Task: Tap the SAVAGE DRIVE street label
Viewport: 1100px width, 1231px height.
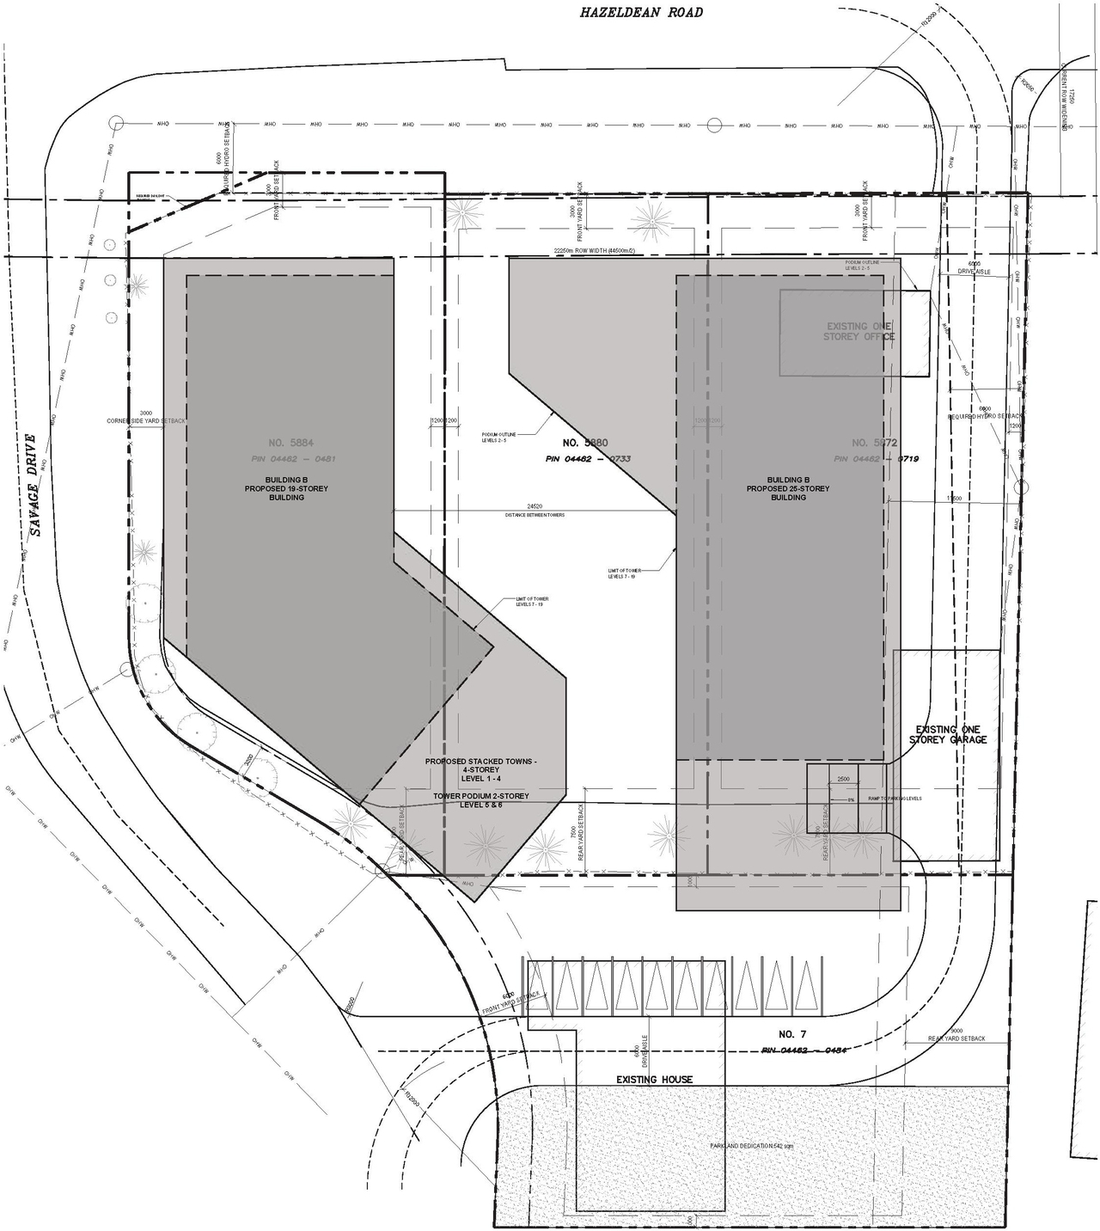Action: [34, 486]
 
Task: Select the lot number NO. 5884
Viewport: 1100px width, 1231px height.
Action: [288, 443]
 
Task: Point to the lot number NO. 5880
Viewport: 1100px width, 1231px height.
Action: [585, 443]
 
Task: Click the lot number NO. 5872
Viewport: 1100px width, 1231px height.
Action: [874, 443]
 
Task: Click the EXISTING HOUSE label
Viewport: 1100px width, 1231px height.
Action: [654, 1079]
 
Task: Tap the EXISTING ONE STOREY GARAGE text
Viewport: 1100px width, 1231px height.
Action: [948, 734]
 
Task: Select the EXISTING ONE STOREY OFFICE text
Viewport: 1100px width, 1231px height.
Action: [859, 332]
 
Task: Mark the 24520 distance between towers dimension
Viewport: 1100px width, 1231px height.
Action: [535, 511]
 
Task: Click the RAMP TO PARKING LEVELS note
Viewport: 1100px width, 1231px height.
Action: [895, 799]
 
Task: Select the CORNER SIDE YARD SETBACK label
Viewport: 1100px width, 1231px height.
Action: [146, 418]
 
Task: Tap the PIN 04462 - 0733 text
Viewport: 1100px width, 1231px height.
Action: [588, 459]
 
